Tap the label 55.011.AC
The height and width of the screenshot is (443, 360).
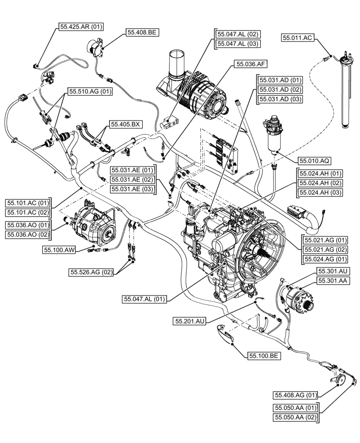[x=297, y=39]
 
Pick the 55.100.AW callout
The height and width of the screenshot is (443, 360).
[x=59, y=251]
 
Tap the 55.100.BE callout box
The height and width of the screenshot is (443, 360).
[x=264, y=355]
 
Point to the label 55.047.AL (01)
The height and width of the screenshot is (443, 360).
[x=144, y=299]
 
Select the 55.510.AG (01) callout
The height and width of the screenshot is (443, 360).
[x=89, y=92]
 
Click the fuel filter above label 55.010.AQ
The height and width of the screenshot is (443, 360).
[x=274, y=132]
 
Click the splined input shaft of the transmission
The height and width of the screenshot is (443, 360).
[x=259, y=256]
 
